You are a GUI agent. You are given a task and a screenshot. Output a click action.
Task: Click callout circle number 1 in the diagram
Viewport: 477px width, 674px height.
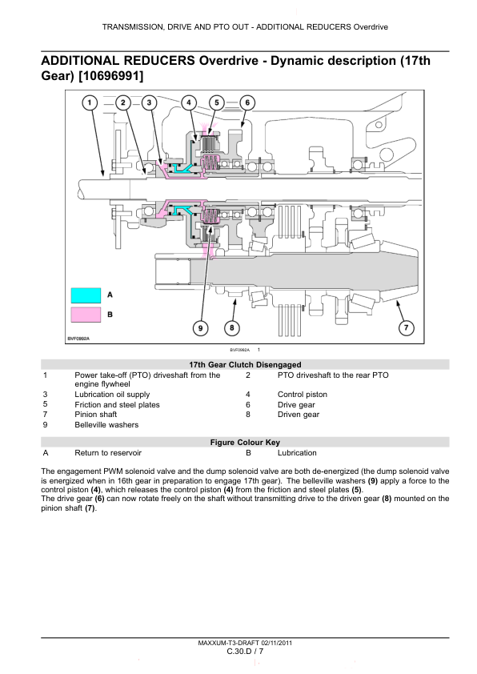tap(90, 102)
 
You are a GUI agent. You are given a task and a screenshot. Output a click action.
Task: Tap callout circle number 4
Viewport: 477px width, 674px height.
tap(189, 102)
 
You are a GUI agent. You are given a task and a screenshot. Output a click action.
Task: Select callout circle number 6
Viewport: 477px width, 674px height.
tap(247, 102)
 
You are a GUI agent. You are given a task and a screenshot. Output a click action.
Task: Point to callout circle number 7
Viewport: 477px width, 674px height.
tap(406, 328)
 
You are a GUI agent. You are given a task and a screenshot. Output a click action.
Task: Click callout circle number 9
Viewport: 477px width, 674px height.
tap(200, 328)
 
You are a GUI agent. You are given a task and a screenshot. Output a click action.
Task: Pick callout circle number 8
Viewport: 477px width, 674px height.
tap(231, 328)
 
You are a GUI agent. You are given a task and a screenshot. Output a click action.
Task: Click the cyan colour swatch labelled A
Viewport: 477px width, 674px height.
tap(86, 295)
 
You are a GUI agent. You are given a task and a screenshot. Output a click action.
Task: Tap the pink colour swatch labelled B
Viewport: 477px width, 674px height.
tap(86, 315)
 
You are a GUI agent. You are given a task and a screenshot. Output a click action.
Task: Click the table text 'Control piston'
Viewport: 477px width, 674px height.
tap(302, 394)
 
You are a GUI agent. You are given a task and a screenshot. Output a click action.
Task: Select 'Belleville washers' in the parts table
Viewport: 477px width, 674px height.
tap(106, 425)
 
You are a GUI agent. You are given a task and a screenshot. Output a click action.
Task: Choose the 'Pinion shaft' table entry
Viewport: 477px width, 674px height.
tap(96, 415)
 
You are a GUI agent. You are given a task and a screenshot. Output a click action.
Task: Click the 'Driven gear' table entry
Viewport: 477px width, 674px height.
tap(299, 415)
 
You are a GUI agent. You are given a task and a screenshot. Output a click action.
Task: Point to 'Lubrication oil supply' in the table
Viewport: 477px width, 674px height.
tap(112, 394)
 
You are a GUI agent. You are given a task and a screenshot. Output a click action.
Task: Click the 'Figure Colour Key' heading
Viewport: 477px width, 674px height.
tap(245, 443)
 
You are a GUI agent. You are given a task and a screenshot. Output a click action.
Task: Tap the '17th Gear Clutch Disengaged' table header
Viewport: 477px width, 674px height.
tap(245, 364)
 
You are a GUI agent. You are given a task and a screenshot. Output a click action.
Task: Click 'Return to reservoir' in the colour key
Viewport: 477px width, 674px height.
tap(108, 452)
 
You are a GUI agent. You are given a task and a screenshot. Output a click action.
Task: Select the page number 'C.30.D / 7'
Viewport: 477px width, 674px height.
tap(245, 652)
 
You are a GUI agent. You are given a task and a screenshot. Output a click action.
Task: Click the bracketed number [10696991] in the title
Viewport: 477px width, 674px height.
tap(111, 76)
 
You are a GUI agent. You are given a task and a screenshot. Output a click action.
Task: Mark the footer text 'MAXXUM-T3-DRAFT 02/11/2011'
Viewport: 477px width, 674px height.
tap(245, 643)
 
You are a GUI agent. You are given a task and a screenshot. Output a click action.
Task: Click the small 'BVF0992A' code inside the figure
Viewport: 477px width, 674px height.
tap(78, 339)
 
